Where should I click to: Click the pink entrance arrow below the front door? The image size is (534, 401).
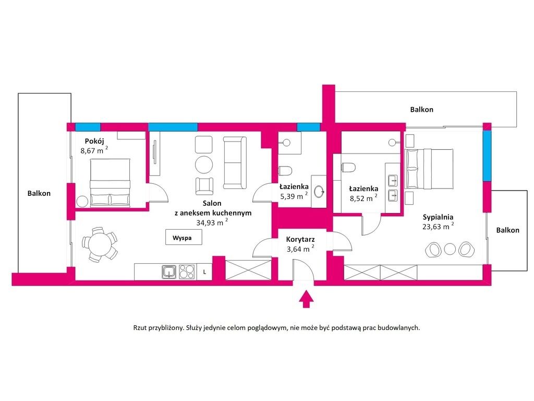coord(306,299)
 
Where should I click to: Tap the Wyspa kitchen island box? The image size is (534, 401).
coord(184,237)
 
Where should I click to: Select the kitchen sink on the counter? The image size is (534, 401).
coord(169,272)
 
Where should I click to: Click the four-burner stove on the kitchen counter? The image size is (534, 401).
coord(187,272)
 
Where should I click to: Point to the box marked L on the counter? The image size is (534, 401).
coord(204,272)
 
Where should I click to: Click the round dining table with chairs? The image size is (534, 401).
coord(100,244)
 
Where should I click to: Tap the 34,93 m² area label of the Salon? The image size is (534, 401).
coord(212,222)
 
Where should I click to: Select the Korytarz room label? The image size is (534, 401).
coord(300,239)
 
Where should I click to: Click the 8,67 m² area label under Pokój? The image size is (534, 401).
coord(94,150)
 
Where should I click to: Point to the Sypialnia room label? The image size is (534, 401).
coord(438,217)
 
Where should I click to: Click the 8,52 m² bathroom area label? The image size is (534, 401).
coord(363,198)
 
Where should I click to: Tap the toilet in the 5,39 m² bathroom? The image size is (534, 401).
coord(285,170)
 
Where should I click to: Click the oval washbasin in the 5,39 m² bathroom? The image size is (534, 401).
coord(319,192)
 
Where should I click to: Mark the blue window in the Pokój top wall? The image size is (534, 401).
coord(88,127)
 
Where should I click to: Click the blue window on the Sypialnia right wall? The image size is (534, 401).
coord(488,156)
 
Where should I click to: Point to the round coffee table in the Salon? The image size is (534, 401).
coord(204,164)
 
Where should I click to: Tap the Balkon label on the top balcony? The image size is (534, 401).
coord(421,110)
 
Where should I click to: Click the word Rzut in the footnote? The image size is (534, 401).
coord(140,328)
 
